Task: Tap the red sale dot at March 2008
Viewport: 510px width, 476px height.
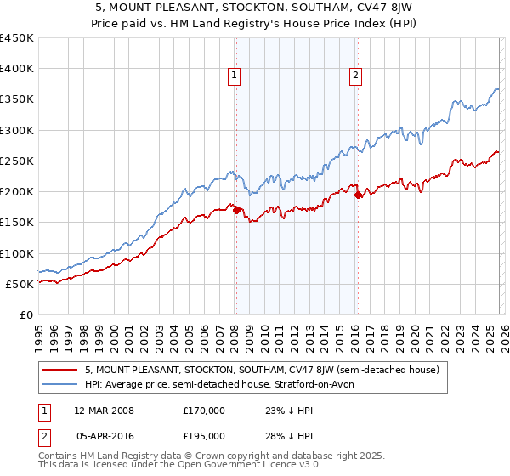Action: tap(236, 210)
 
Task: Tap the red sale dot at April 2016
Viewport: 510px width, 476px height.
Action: tap(358, 195)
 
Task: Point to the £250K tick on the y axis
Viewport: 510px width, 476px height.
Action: tap(17, 161)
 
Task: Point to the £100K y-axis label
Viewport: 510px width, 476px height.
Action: tap(17, 253)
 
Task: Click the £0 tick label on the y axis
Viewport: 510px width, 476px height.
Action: tap(25, 314)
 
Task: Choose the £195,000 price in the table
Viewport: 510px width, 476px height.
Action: tap(204, 435)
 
